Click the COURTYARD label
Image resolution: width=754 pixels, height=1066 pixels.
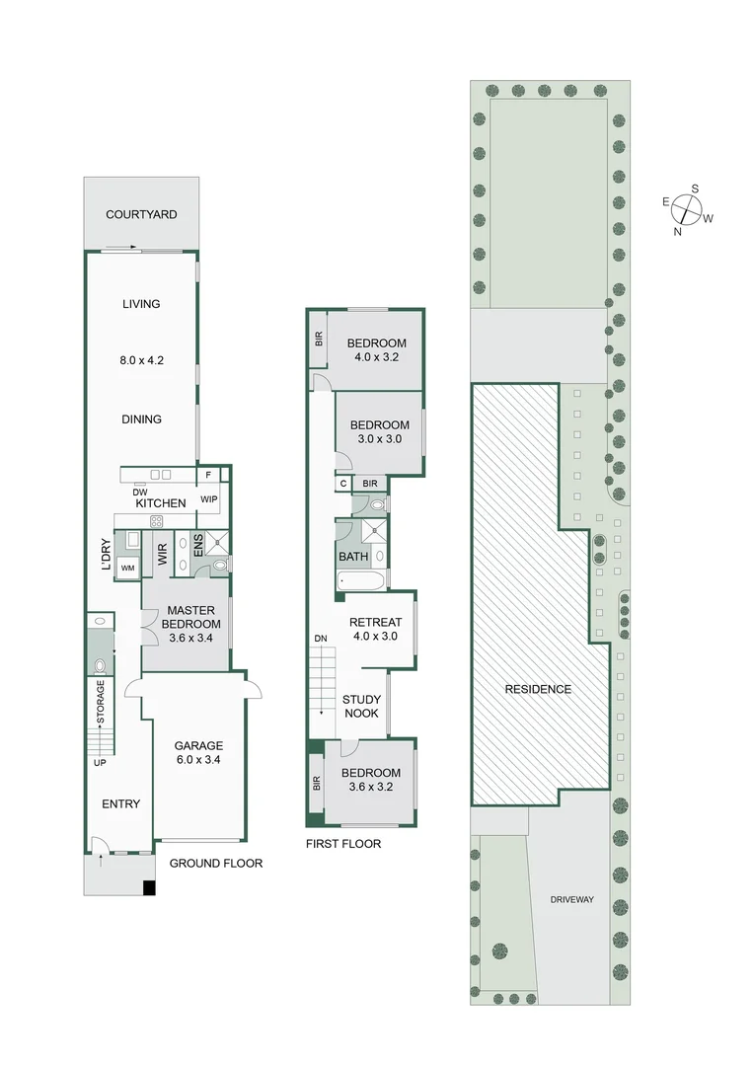click(141, 214)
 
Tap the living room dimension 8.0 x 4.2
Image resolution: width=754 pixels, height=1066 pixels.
click(141, 360)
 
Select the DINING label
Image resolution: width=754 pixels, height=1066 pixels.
click(141, 419)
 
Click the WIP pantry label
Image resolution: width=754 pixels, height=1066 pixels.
click(209, 499)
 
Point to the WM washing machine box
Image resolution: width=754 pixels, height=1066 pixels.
click(127, 568)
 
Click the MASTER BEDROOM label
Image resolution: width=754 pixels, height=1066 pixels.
click(190, 617)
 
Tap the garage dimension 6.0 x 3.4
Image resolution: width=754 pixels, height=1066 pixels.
click(198, 760)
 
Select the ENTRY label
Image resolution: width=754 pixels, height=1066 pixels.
click(120, 803)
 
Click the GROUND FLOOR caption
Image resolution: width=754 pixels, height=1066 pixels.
click(216, 863)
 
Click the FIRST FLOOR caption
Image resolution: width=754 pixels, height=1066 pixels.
click(343, 844)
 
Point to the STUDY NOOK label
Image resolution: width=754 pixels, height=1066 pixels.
click(361, 707)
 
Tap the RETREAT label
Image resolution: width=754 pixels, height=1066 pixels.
click(375, 622)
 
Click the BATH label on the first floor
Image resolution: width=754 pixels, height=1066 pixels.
click(353, 557)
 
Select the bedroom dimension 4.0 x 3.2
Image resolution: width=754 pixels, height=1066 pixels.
click(376, 358)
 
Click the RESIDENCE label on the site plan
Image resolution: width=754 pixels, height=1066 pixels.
click(538, 689)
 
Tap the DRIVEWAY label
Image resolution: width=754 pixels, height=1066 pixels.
click(572, 899)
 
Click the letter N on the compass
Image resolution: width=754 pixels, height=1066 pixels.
click(678, 232)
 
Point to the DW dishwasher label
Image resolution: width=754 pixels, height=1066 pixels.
click(139, 492)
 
